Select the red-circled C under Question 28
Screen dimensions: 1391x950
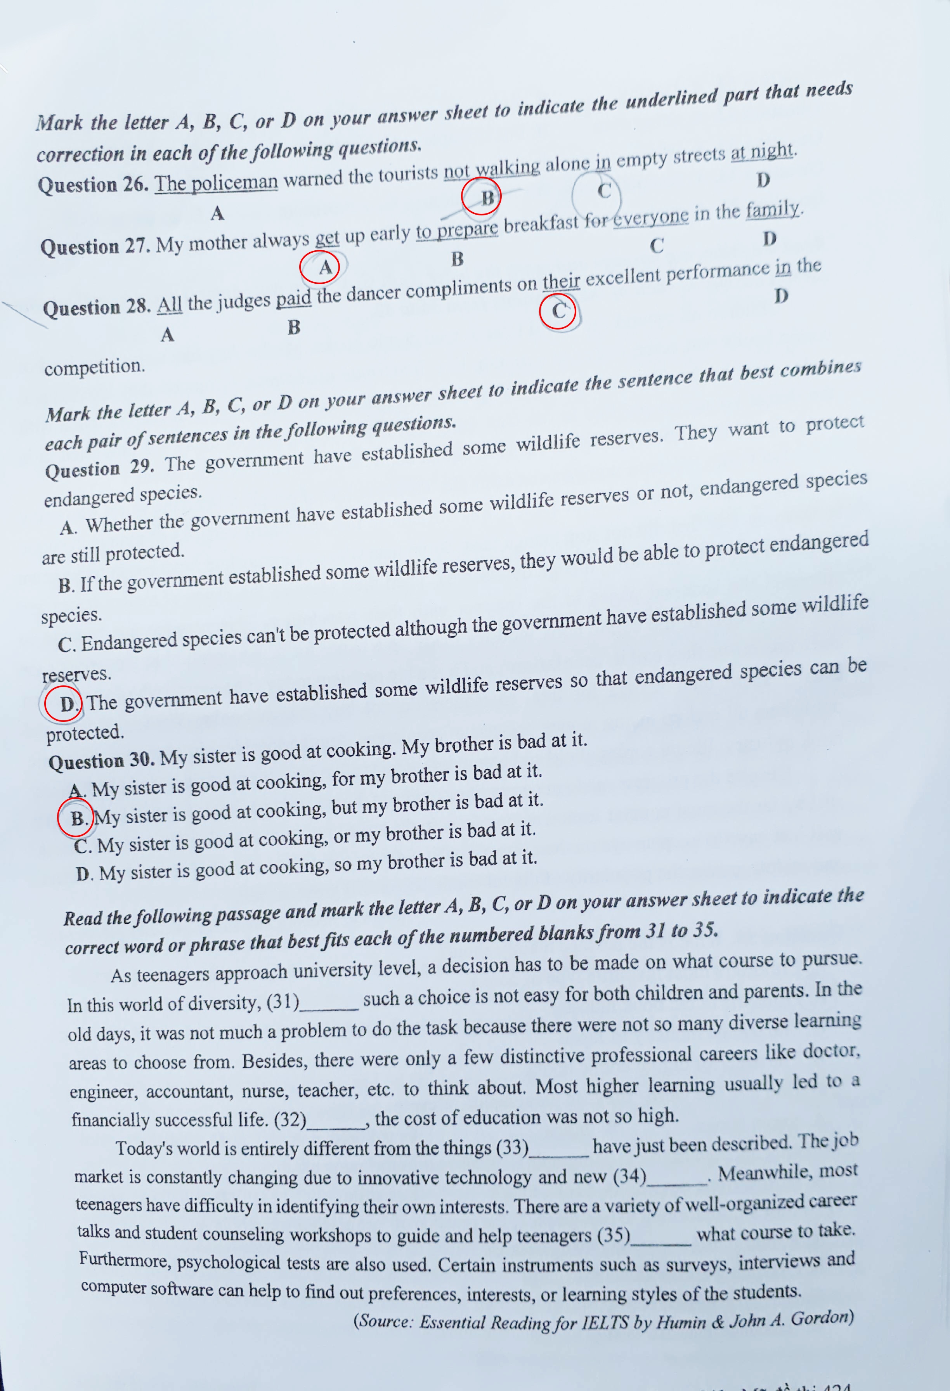[558, 311]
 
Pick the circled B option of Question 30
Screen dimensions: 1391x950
[76, 818]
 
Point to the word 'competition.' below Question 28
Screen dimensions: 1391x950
[95, 366]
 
